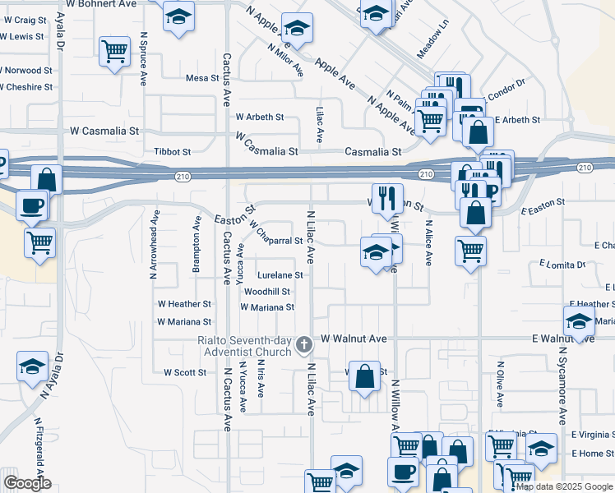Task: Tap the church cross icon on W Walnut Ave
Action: coord(304,345)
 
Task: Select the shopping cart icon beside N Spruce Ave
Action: coord(114,52)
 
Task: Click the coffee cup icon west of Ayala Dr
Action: coord(32,205)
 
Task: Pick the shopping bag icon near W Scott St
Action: coord(364,376)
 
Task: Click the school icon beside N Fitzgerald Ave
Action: coord(32,366)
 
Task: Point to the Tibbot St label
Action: coord(172,152)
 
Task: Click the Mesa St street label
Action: coord(202,78)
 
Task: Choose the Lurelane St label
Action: coord(280,276)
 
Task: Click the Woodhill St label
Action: coord(267,292)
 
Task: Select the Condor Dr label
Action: coord(508,94)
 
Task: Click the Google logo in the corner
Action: coord(27,484)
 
